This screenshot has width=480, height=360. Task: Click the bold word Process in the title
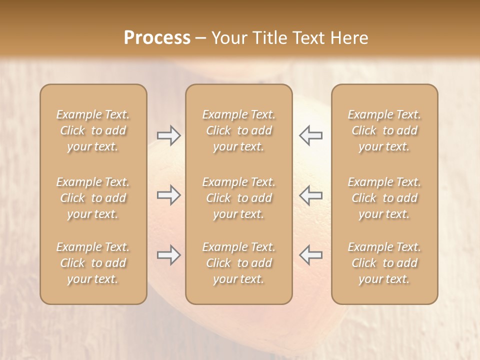157,38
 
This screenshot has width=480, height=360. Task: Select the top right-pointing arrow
169,135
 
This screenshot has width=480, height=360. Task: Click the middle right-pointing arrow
169,195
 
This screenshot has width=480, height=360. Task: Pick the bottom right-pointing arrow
169,255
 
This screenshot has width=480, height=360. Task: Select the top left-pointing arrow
310,135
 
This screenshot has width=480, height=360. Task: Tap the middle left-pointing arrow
310,195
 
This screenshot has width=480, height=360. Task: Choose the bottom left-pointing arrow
310,255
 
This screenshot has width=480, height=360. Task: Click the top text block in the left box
93,130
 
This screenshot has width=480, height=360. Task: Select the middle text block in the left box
93,198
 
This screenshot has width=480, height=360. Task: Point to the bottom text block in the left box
93,263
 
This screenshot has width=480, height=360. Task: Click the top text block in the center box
239,130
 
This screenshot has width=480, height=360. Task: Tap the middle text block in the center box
239,198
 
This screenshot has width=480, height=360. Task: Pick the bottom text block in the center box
239,263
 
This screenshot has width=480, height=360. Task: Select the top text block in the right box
384,130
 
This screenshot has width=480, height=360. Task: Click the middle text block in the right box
384,198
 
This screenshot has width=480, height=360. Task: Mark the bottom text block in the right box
384,263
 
